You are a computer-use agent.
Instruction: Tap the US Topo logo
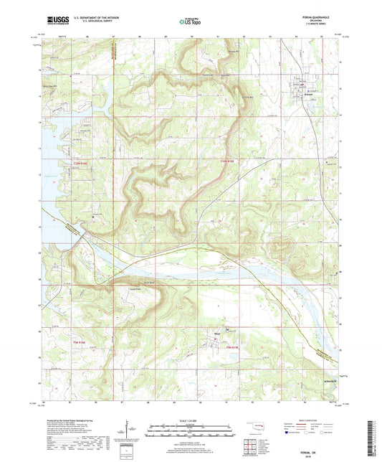tap(190, 22)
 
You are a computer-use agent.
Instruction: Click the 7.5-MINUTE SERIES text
tap(319, 23)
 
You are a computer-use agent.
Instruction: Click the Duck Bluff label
tap(148, 284)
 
